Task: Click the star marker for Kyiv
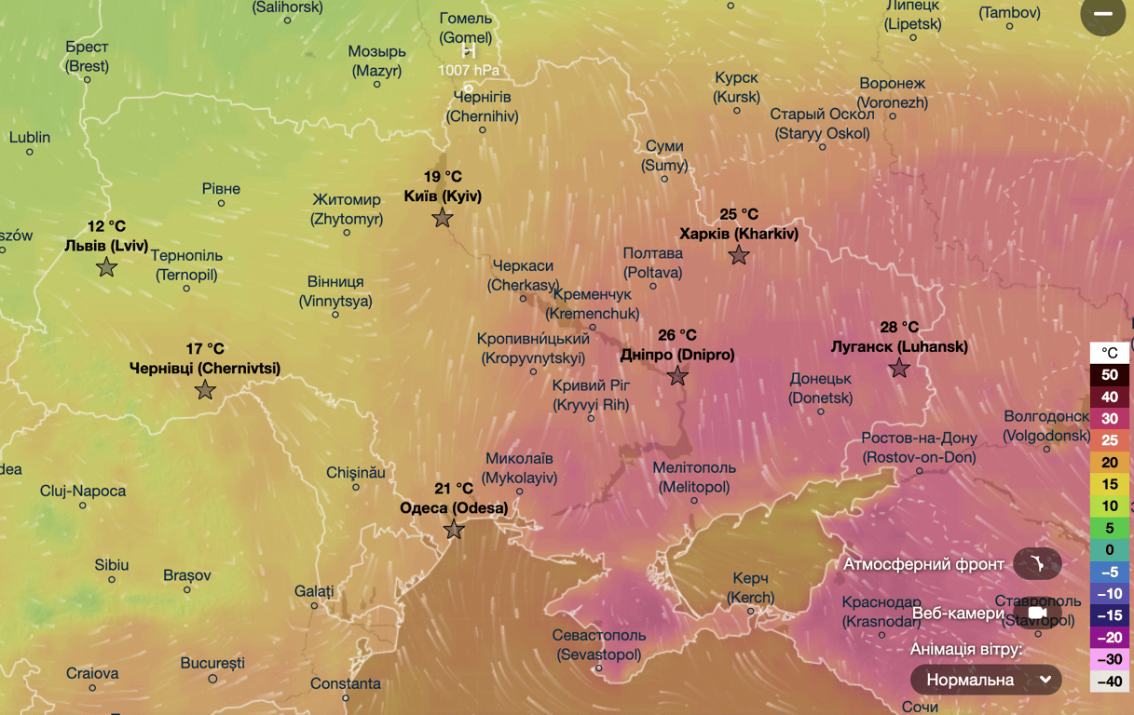[443, 218]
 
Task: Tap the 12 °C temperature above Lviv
[106, 226]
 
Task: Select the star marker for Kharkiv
[739, 255]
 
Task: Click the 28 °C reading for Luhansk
[899, 327]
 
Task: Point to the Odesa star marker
[454, 530]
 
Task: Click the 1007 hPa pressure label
[469, 70]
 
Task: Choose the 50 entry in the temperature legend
[1109, 375]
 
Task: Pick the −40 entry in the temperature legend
[1109, 681]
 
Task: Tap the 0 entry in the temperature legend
[1109, 549]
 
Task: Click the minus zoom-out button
[1102, 14]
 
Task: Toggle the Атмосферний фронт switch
[1036, 564]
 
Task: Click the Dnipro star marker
[677, 376]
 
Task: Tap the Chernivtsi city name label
[205, 369]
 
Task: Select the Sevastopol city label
[598, 645]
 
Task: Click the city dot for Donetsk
[821, 411]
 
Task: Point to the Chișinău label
[356, 473]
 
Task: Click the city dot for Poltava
[653, 286]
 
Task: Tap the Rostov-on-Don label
[919, 448]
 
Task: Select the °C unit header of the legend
[1109, 353]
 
